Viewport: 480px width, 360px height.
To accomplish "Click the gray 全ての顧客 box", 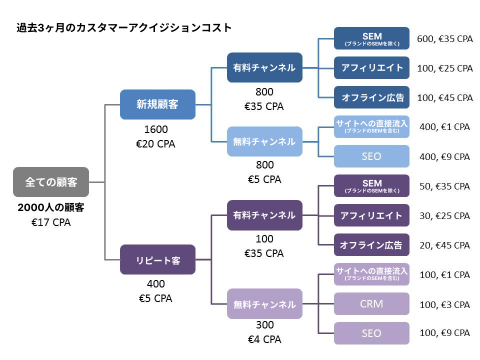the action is click(51, 182).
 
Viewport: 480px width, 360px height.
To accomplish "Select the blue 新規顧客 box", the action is click(157, 104).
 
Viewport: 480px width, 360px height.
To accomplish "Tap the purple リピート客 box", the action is click(157, 259).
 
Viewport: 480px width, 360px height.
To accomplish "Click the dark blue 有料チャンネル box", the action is click(264, 67).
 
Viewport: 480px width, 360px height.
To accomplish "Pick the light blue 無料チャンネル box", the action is click(264, 141).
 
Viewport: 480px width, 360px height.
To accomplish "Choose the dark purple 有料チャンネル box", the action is click(264, 215).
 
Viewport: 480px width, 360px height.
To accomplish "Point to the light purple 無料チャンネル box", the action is click(264, 303).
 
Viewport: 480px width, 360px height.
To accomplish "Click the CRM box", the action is click(371, 303).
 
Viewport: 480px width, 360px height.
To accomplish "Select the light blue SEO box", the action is click(371, 156).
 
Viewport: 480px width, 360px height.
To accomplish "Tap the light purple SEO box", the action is click(371, 333).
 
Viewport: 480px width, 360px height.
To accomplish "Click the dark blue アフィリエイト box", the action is click(371, 67).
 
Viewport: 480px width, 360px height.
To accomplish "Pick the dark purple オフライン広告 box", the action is click(371, 245).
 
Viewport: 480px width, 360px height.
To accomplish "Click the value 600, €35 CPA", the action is click(445, 39).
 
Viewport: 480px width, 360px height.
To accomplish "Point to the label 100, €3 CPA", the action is click(444, 305).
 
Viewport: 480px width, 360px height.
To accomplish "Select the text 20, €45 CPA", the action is click(444, 245).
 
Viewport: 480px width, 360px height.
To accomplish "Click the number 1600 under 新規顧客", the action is click(156, 129).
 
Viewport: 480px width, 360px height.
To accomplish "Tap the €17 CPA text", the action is click(51, 222).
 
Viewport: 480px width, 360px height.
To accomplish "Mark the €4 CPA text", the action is click(264, 339).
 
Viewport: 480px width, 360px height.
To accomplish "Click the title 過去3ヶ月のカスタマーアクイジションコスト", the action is click(124, 28).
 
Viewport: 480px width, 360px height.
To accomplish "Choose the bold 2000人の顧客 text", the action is click(51, 207).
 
